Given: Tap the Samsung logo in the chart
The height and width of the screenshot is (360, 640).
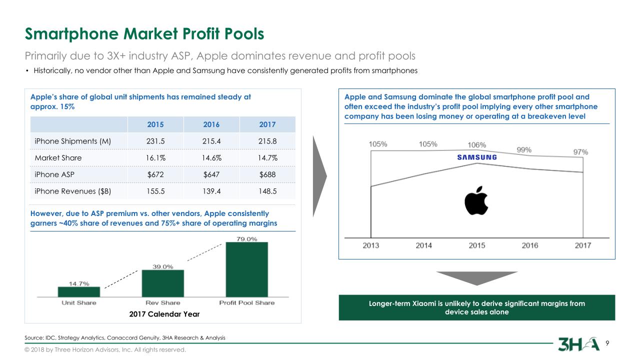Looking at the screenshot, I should pos(477,157).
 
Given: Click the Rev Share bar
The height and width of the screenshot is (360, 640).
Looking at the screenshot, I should pos(163,283).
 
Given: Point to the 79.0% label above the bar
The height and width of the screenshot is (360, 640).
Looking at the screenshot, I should pos(246,238).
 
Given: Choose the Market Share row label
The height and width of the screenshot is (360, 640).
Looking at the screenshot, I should pos(58,158).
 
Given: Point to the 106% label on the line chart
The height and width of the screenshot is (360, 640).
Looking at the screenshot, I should pos(476,145).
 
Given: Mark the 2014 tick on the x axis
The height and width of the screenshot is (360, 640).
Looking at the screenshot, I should pos(424,245).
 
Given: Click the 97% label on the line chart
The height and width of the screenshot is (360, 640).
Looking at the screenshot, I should pos(580,152).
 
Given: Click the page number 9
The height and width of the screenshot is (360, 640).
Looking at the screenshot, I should pos(607,343).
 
